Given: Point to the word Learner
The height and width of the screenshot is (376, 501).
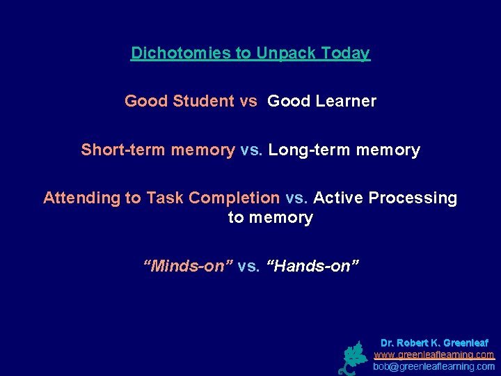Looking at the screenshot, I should point(347,101).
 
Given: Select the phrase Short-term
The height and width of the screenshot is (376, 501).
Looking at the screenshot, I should point(117,150).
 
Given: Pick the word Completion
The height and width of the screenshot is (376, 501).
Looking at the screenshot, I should point(234,198).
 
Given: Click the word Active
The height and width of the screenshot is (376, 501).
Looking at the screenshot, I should point(338,198).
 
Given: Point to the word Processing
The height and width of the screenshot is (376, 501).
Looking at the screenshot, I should point(413,198).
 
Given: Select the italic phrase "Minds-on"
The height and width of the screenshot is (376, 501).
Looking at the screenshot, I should point(187,265).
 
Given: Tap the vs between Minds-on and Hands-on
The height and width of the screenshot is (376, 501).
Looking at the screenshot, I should point(248,265).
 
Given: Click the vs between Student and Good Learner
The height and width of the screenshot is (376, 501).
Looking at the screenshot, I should point(248,101).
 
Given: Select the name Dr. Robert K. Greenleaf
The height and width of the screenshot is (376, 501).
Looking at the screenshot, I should point(434,343).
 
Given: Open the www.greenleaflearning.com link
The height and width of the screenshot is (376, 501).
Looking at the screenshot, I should point(434,354).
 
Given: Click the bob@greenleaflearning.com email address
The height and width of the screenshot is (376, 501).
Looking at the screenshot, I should point(434,366).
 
